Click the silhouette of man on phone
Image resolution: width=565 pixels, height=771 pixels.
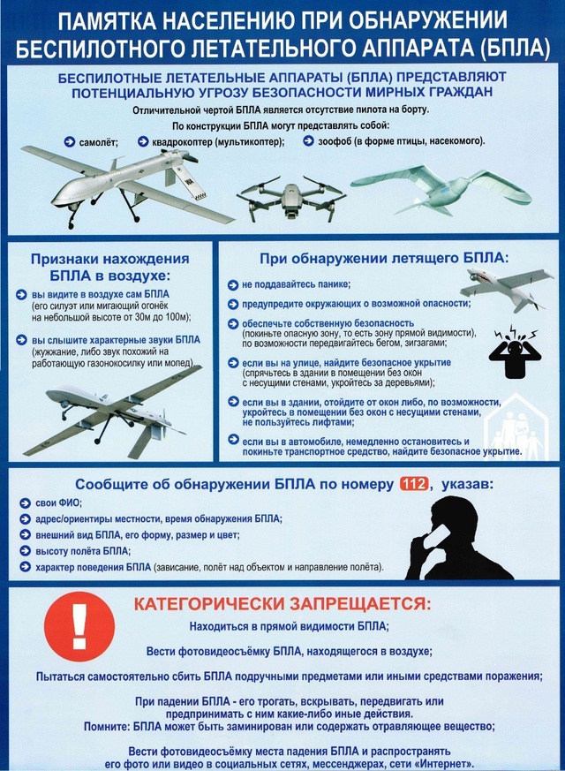click(x=463, y=540)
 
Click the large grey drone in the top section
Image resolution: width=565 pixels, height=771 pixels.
click(x=128, y=182)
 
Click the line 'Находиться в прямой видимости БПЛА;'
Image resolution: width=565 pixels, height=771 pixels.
click(x=289, y=626)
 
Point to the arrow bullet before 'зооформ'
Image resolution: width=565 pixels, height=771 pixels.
click(x=321, y=141)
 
